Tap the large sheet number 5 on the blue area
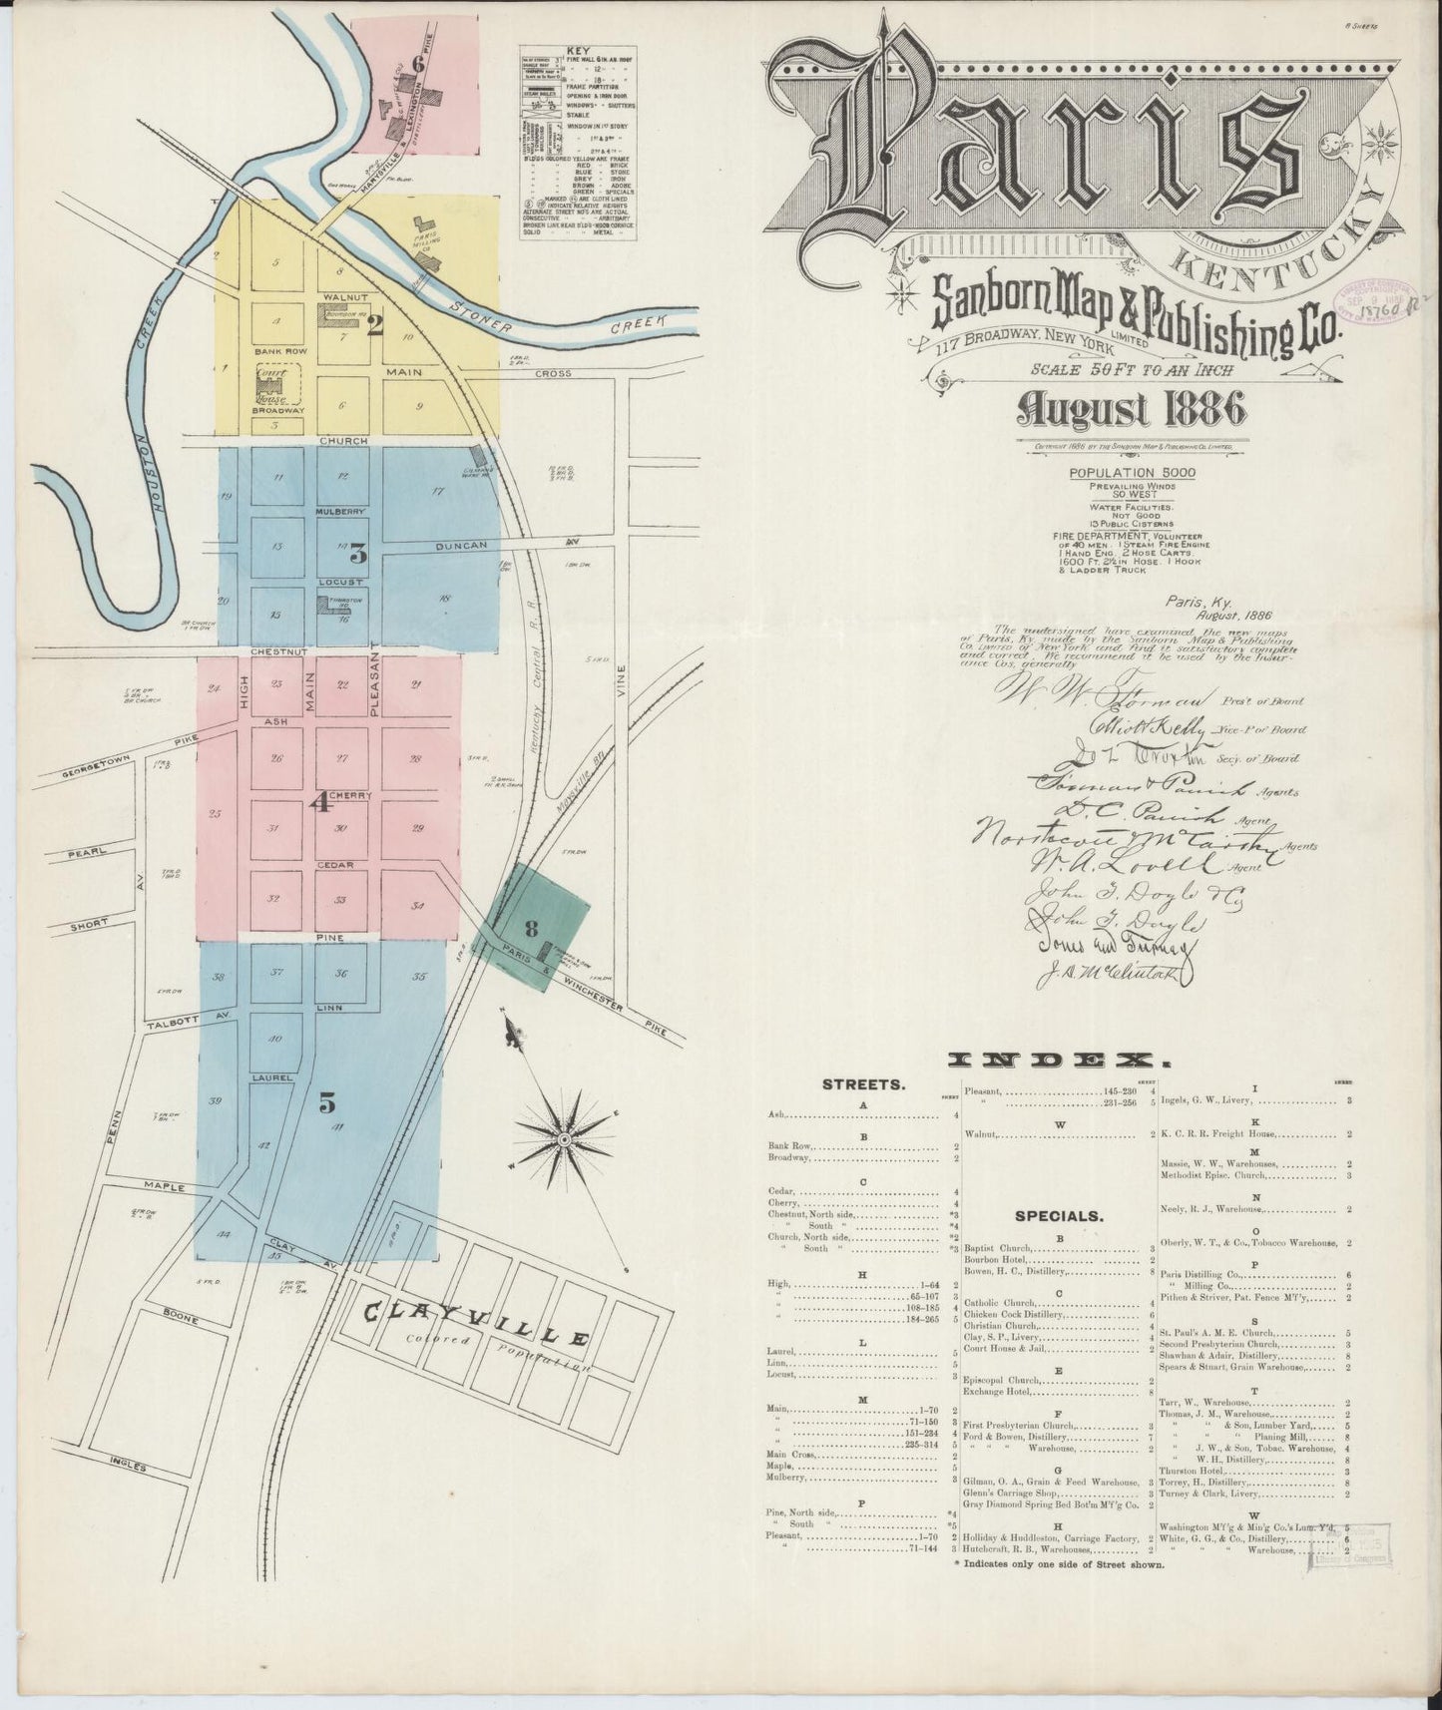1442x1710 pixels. pos(327,1102)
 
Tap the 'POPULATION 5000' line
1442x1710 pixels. pos(1120,473)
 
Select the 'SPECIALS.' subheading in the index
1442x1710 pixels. pos(1059,1216)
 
